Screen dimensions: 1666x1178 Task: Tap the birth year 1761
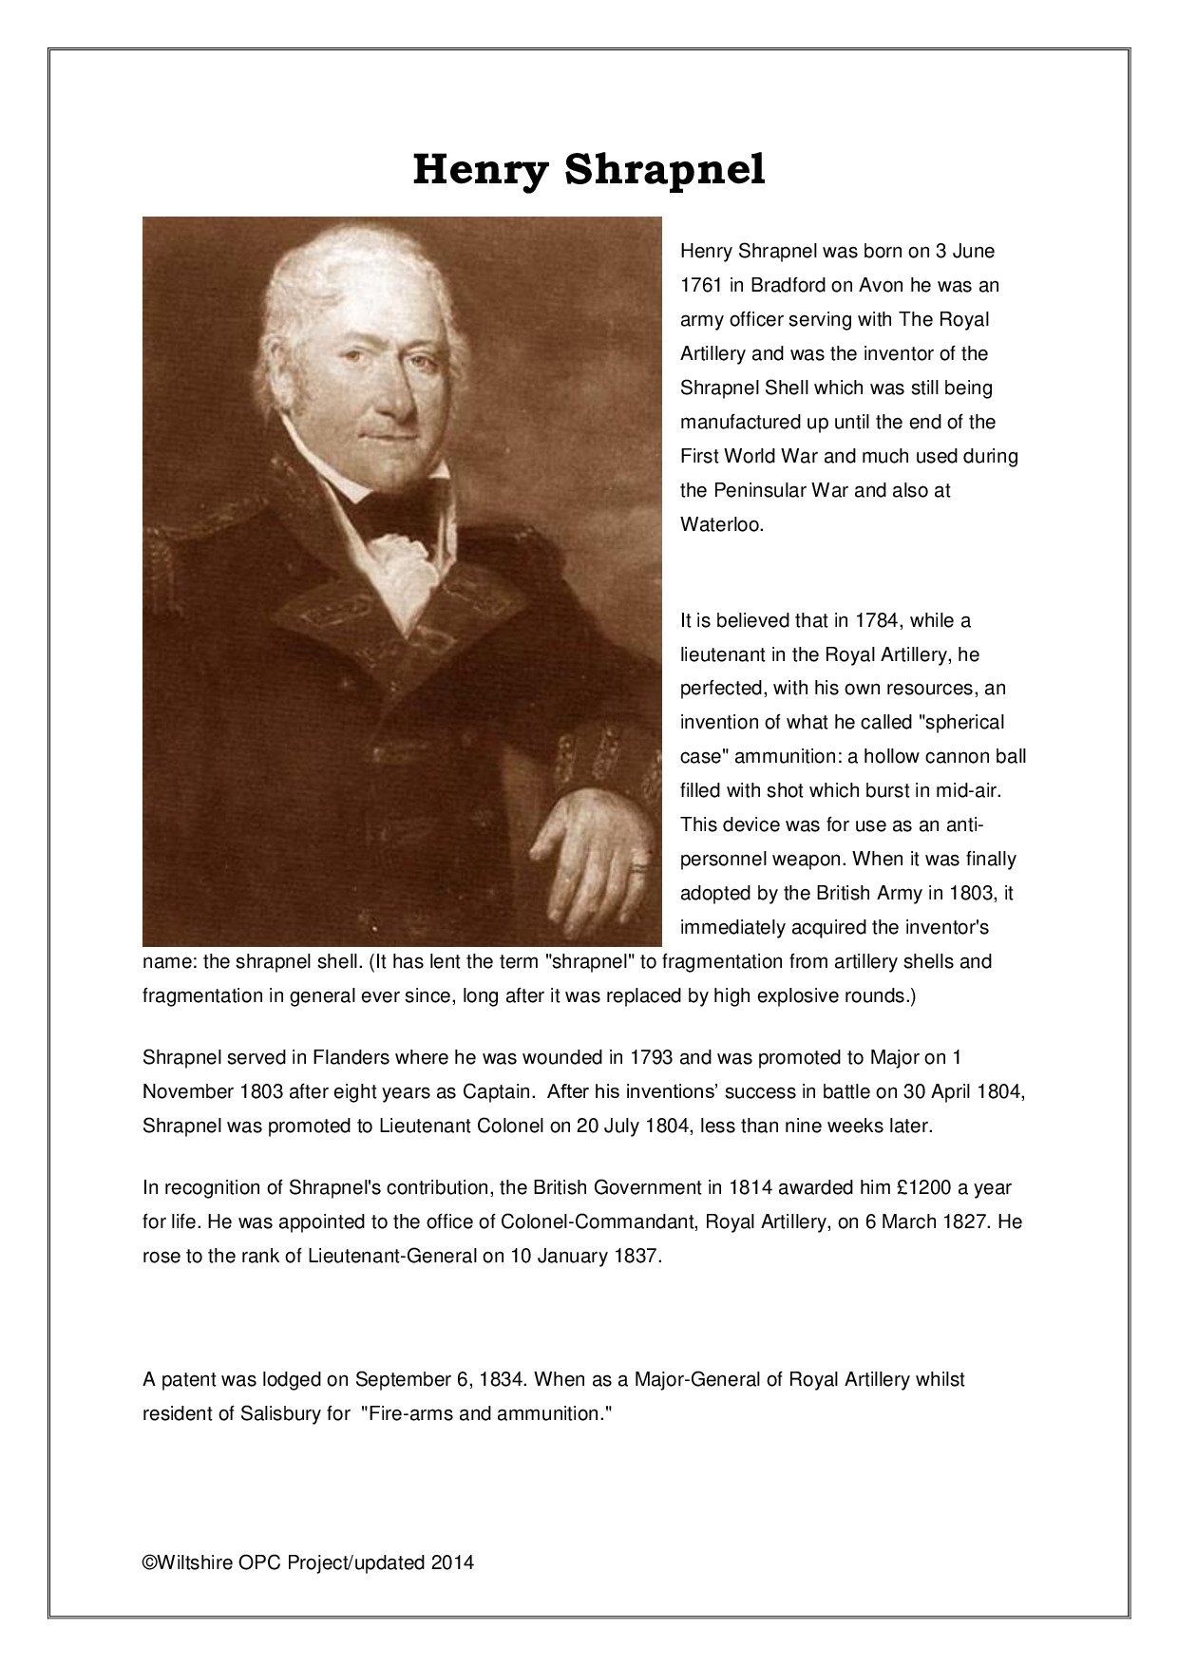point(701,286)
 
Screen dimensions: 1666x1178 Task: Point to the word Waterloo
point(721,524)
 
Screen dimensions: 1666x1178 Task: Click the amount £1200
point(921,1187)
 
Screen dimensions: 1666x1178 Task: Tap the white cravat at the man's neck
point(403,560)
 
